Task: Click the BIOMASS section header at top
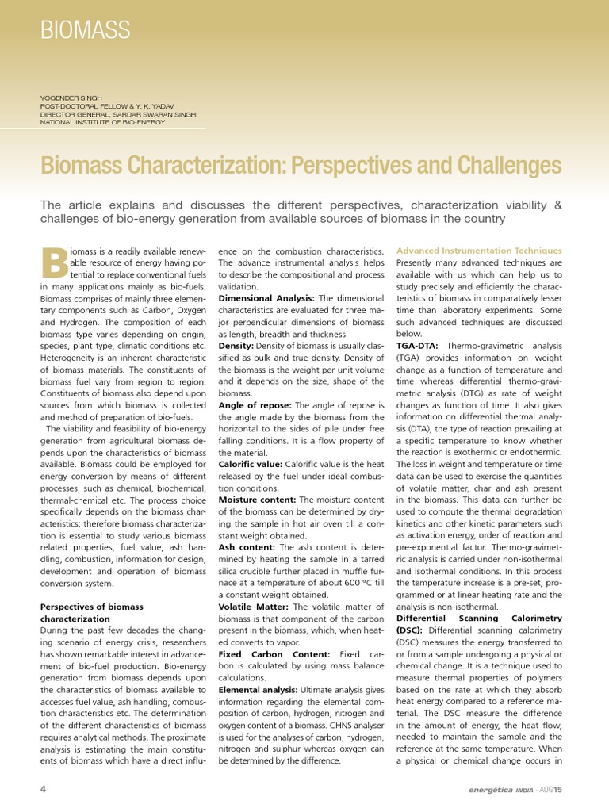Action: click(85, 31)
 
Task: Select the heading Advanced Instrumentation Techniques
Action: click(479, 251)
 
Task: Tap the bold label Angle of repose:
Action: click(255, 405)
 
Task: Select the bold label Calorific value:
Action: click(250, 464)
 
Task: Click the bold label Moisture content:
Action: click(256, 500)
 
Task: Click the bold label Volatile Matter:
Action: click(254, 607)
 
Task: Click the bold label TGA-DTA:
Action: click(419, 346)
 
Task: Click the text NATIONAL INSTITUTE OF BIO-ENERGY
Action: click(103, 122)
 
